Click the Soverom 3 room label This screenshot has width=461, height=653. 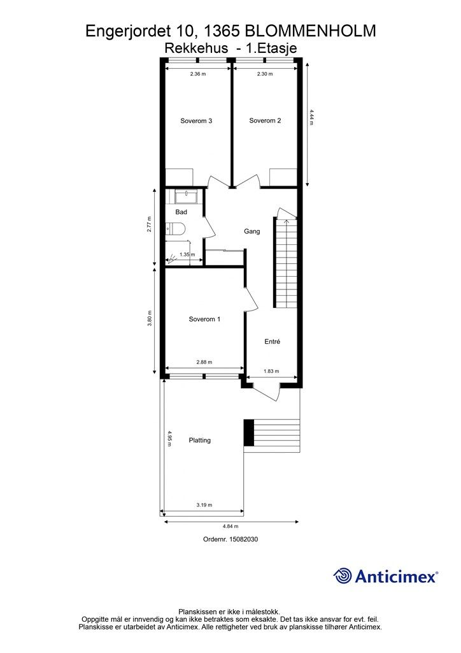[196, 121]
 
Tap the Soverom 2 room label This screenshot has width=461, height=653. [265, 121]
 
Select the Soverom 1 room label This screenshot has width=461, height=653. [204, 319]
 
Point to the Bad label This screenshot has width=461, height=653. [181, 212]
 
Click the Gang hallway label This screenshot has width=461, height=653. [252, 231]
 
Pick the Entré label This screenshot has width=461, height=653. [273, 342]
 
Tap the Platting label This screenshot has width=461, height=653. [199, 440]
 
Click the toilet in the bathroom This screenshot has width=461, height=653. [174, 229]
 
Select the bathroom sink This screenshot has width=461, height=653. [187, 196]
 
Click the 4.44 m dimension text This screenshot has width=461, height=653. [311, 117]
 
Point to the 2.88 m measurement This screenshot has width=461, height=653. [204, 362]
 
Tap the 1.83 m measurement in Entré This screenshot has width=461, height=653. [271, 371]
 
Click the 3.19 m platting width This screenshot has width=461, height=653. [204, 505]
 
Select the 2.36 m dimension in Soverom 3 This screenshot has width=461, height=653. [198, 74]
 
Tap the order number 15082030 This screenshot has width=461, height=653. [230, 539]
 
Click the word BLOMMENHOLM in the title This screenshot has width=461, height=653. [310, 31]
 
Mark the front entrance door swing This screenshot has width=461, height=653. [266, 391]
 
